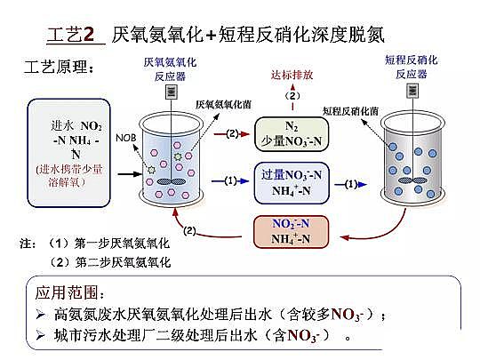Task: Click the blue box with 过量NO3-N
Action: pyautogui.click(x=291, y=181)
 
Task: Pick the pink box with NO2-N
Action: pyautogui.click(x=291, y=230)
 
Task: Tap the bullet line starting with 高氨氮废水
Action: pyautogui.click(x=213, y=314)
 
